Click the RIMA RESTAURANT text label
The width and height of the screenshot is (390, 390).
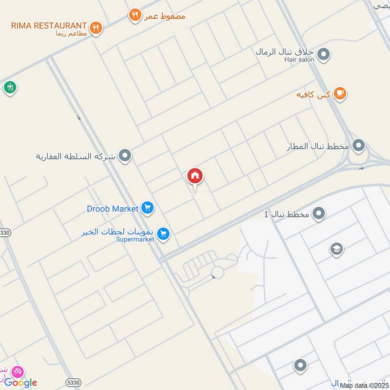pyautogui.click(x=49, y=25)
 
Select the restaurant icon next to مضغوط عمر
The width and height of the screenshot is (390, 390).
pyautogui.click(x=135, y=16)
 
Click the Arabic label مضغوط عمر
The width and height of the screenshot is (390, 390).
pyautogui.click(x=165, y=16)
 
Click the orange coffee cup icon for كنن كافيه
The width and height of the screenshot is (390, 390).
pyautogui.click(x=340, y=94)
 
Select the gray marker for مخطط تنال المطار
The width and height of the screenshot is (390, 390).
pyautogui.click(x=359, y=145)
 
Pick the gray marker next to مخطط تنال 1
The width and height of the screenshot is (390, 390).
pyautogui.click(x=319, y=214)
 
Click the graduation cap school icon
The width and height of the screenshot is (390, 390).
pyautogui.click(x=336, y=249)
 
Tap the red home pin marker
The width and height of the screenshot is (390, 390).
pyautogui.click(x=195, y=176)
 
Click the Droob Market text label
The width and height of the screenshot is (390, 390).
pyautogui.click(x=113, y=209)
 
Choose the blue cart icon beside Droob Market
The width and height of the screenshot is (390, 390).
pyautogui.click(x=147, y=208)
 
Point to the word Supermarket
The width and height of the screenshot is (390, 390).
pyautogui.click(x=135, y=239)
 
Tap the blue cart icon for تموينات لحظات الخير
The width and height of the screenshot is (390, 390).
pyautogui.click(x=164, y=234)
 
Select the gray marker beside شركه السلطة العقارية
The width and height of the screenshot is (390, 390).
pyautogui.click(x=125, y=156)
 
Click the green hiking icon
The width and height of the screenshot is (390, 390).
pyautogui.click(x=10, y=87)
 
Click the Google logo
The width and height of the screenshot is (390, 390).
pyautogui.click(x=20, y=383)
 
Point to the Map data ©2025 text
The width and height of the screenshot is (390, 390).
pyautogui.click(x=364, y=386)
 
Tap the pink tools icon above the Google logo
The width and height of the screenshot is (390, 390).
pyautogui.click(x=18, y=371)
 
